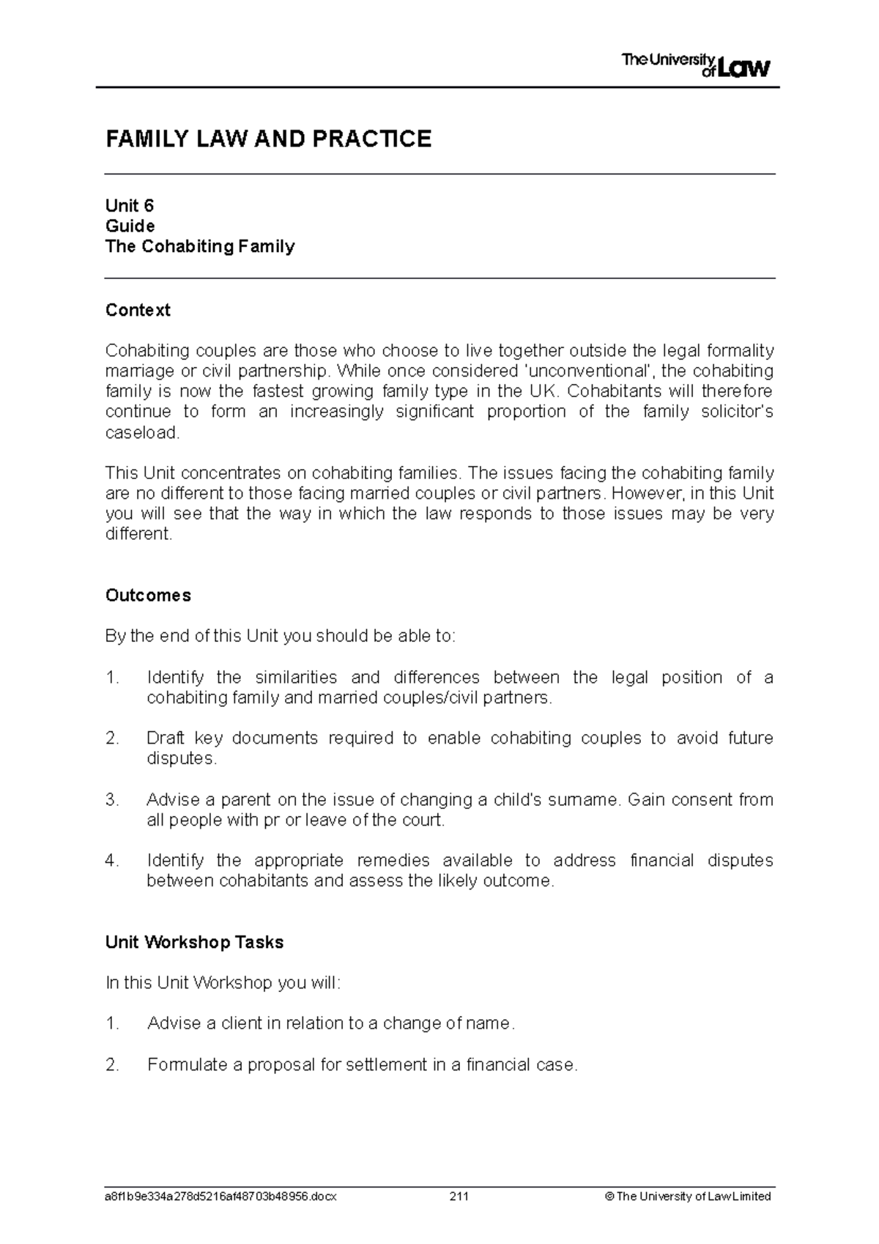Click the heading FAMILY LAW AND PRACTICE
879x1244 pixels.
tap(268, 139)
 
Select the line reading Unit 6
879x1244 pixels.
tap(130, 205)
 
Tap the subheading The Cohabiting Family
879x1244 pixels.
tap(200, 246)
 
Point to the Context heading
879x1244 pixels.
tap(138, 310)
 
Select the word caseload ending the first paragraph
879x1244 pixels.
tap(141, 432)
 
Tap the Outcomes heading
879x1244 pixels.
tap(148, 595)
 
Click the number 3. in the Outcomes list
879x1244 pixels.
tap(112, 799)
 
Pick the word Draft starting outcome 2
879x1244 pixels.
tap(166, 738)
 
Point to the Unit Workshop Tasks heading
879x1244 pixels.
tap(194, 942)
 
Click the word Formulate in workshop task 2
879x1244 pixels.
tap(187, 1065)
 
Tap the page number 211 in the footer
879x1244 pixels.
tap(459, 1196)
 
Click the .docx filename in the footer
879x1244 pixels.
tap(220, 1196)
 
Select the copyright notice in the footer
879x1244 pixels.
tap(688, 1196)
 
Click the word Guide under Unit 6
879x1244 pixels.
tap(130, 226)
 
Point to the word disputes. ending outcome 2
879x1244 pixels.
tap(182, 758)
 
